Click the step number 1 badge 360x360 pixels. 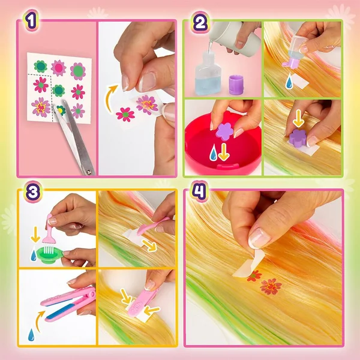coord(31,20)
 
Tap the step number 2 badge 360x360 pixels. coord(200,23)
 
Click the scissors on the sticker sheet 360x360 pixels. coord(74,137)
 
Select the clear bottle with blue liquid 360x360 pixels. coord(208,73)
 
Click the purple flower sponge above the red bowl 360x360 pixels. coord(224,131)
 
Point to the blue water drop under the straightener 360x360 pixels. coord(31,335)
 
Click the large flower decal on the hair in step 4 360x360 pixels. coord(271,287)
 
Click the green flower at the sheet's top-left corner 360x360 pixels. coord(41,67)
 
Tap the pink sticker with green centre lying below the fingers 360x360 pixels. coord(125,115)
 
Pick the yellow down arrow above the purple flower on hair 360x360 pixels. coord(298,118)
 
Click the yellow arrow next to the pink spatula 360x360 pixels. coord(149,245)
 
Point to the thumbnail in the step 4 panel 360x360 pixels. coord(259,238)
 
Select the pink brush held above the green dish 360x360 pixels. coord(48,232)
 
